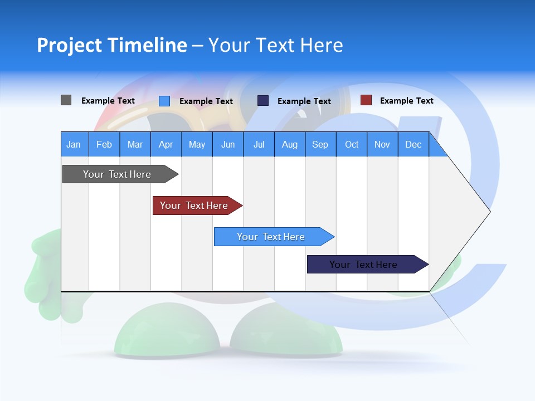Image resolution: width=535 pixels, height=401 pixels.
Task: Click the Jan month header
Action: point(74,144)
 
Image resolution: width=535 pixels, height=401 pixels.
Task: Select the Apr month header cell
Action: point(166,144)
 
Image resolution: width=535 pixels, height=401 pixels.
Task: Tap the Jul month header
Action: point(259,144)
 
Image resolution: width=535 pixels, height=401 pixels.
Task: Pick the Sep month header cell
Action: point(320,144)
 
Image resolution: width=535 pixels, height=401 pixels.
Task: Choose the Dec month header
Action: point(413,144)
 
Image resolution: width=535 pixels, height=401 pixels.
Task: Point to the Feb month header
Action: point(104,144)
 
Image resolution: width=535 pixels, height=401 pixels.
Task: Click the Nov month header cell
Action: point(382,144)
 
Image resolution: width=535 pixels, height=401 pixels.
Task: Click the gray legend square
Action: point(66,100)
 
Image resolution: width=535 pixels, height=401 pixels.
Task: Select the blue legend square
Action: point(164,101)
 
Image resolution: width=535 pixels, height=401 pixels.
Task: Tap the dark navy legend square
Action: point(263,101)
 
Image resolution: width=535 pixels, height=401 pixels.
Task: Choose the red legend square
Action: point(366,100)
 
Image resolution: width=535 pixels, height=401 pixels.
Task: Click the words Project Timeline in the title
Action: point(112,45)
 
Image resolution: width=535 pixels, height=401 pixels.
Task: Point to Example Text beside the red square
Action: point(406,101)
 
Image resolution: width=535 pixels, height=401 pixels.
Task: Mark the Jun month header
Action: point(228,144)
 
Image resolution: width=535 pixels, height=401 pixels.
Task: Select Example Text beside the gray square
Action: point(108,101)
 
